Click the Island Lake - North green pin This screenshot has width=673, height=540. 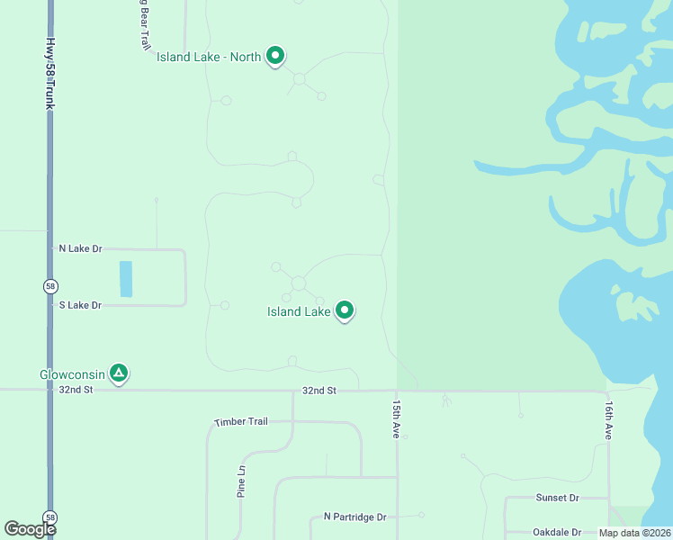[276, 56]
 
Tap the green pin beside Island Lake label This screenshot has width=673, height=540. [345, 310]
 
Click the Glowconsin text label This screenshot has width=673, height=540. [72, 373]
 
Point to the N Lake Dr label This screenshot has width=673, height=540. [80, 248]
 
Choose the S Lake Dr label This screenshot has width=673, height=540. [80, 306]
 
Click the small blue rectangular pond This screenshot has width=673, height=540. [126, 279]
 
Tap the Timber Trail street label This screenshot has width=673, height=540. [241, 422]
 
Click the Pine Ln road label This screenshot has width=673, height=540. [241, 482]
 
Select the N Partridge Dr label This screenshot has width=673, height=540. [354, 517]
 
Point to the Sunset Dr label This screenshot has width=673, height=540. [558, 498]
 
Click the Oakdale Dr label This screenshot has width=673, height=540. [557, 533]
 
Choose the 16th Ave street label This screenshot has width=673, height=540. [609, 419]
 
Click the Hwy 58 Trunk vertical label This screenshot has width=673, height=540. [50, 74]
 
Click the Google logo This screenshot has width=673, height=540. [30, 529]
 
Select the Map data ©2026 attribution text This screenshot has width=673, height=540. [634, 533]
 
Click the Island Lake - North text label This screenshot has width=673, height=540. [209, 57]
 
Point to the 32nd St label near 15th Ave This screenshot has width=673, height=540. [319, 391]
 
